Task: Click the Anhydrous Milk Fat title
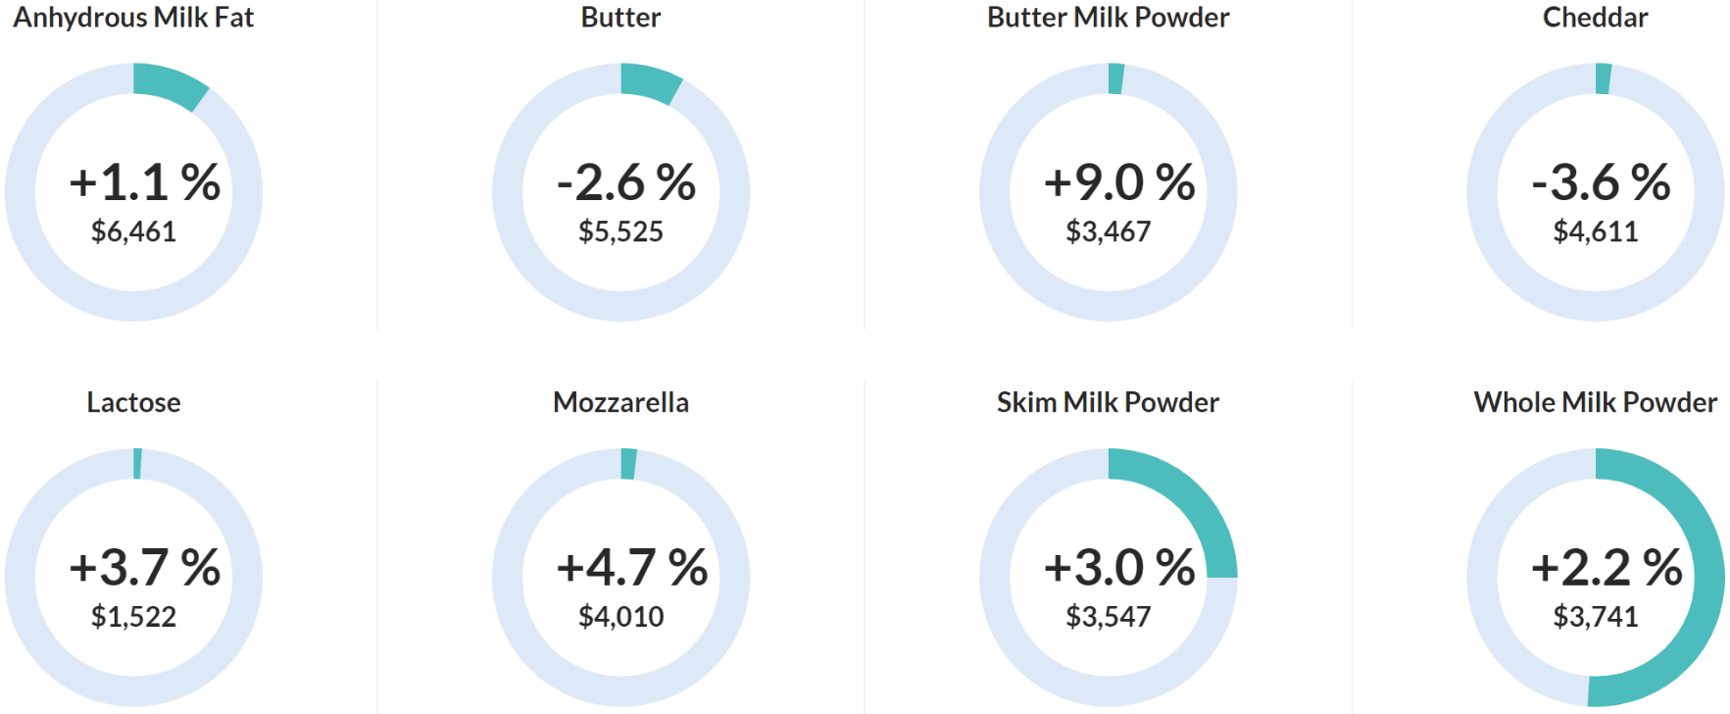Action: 133,18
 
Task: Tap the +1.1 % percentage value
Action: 145,182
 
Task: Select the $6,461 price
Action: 133,231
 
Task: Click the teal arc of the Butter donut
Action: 650,81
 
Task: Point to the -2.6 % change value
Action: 626,182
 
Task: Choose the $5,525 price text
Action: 620,231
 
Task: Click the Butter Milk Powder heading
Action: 1108,18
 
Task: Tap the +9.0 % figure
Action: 1119,182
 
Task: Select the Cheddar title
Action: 1595,18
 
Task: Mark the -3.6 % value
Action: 1602,182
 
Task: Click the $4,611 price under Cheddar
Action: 1595,231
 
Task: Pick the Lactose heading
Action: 133,402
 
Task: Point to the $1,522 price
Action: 133,617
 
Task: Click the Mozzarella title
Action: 620,402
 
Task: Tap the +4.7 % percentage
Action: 632,568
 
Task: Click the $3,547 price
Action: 1108,617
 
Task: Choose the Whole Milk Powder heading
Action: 1595,402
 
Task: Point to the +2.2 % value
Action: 1606,568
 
